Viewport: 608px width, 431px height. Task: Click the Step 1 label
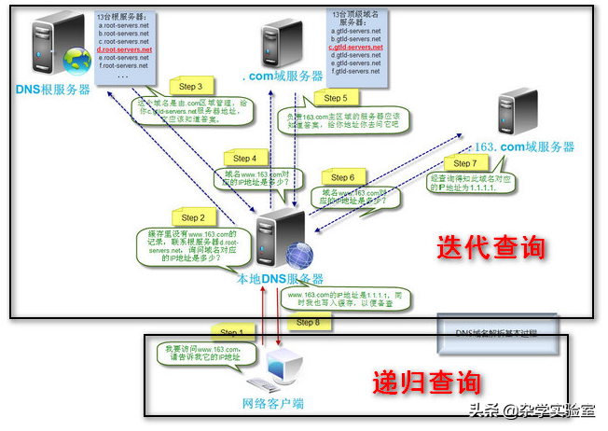click(231, 331)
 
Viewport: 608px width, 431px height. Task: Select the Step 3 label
click(192, 86)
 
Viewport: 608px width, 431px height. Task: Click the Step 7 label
click(464, 164)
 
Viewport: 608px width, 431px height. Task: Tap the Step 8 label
click(308, 322)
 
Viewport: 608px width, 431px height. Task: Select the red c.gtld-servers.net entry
click(357, 47)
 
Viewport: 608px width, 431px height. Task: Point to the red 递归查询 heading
click(427, 382)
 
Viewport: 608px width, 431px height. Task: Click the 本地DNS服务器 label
click(279, 278)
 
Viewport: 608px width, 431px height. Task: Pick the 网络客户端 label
click(273, 404)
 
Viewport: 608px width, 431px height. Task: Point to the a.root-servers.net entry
click(122, 25)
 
